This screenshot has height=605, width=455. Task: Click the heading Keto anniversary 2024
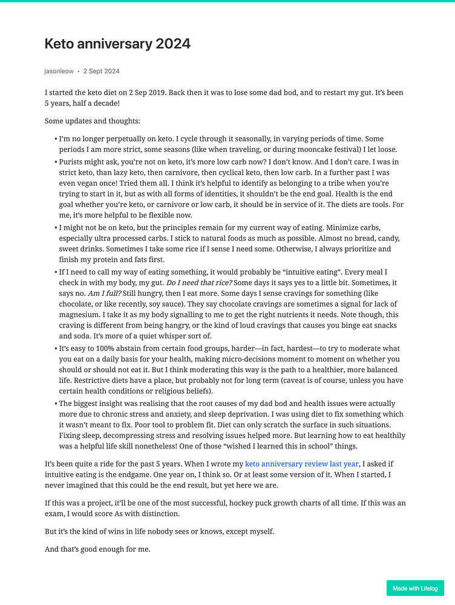(117, 44)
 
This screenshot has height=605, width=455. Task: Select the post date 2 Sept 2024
(102, 71)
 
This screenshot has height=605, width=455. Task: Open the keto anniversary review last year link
(302, 465)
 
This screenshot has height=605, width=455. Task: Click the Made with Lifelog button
(415, 588)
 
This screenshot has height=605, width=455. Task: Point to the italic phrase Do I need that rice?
(199, 282)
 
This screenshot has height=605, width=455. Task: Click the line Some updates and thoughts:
(93, 121)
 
